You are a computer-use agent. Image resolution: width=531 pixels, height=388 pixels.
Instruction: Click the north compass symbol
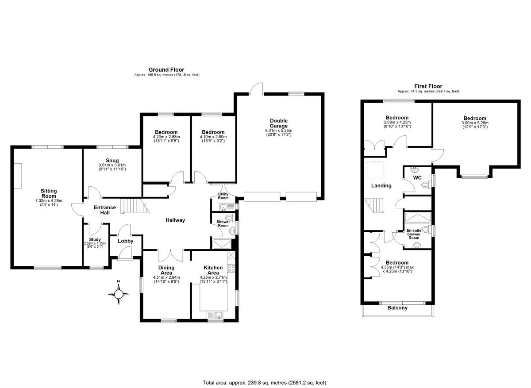[119, 294]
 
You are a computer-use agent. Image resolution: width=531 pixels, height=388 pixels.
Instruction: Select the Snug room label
[112, 160]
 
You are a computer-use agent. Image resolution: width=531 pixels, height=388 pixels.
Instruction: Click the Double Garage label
[279, 123]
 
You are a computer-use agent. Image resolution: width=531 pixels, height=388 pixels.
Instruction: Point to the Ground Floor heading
[166, 69]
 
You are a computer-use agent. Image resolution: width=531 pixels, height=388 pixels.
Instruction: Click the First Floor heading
[428, 86]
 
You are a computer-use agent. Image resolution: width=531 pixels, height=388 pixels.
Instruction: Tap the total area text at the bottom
[265, 383]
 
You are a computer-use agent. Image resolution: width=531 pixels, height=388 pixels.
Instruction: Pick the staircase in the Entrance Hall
[133, 206]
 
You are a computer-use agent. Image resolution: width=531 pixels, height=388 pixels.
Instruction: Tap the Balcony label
[397, 308]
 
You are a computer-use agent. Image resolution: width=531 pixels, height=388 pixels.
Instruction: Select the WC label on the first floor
[418, 177]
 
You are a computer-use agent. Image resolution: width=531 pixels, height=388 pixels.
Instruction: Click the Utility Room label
[223, 196]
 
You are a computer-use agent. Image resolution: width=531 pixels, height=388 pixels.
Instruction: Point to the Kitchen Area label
[213, 270]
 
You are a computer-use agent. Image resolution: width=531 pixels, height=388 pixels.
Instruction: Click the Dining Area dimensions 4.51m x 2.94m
[166, 277]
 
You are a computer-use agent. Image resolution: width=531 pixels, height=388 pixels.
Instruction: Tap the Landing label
[381, 186]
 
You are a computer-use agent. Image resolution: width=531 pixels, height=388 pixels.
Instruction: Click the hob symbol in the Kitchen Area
[230, 267]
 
